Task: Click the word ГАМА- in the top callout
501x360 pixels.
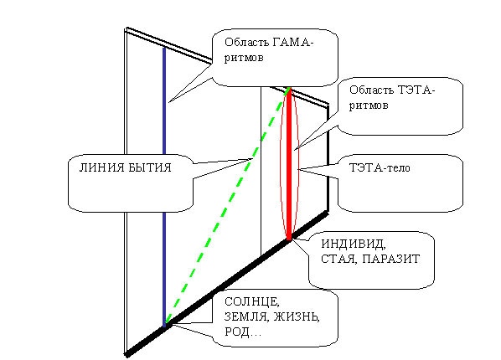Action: [292, 42]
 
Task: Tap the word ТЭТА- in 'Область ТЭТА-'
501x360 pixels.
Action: [415, 90]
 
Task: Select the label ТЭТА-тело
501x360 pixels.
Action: [380, 167]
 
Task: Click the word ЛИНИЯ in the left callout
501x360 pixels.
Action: [100, 167]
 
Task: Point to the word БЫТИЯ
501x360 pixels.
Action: [148, 167]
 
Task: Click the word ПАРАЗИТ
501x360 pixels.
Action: [391, 259]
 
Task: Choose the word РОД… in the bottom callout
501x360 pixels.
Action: [243, 332]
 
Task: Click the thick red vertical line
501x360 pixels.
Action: [289, 163]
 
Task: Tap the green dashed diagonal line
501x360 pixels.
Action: [227, 206]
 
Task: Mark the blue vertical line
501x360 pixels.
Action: [164, 187]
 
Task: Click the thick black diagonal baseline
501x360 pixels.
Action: [226, 283]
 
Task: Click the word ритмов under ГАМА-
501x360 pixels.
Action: [244, 58]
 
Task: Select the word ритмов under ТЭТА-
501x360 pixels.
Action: [369, 105]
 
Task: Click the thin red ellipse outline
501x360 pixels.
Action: [280, 163]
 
